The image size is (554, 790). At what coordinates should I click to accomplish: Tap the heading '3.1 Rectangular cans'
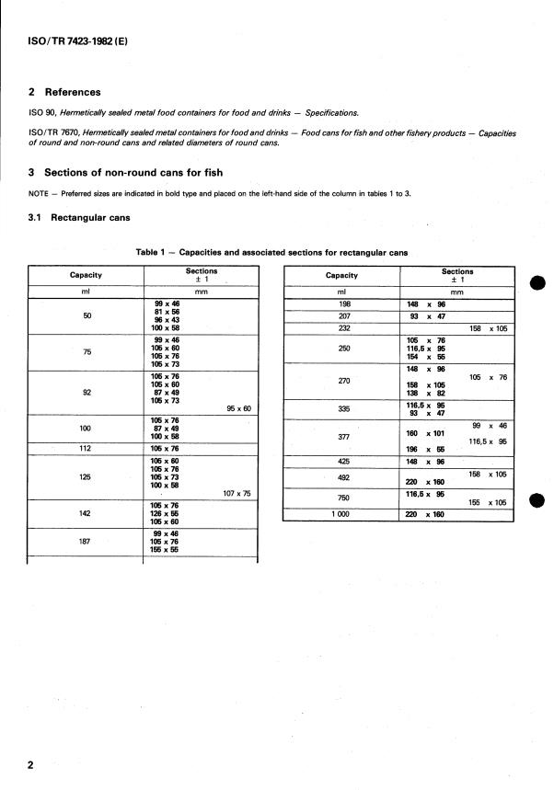(77, 218)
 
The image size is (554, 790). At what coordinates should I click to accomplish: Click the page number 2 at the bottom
(31, 765)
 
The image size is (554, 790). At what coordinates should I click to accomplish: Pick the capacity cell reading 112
(86, 449)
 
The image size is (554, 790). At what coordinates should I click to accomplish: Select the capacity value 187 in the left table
(86, 542)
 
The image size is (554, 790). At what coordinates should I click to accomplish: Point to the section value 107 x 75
(237, 493)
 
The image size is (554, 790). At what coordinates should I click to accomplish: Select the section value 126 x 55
(164, 513)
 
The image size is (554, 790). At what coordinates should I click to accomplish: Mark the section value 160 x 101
(425, 432)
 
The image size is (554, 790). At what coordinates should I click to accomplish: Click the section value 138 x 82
(425, 393)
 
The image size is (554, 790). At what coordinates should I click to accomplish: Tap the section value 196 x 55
(425, 450)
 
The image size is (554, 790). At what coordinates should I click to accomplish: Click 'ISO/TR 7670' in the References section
(53, 132)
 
